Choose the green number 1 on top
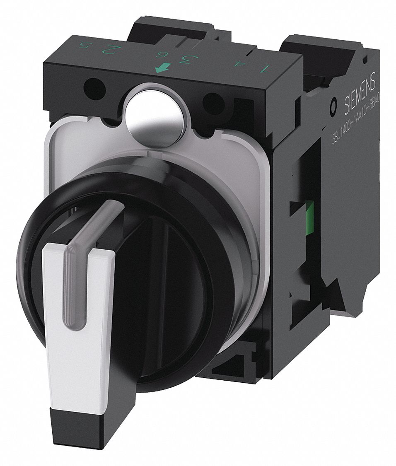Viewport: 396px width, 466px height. tap(266, 67)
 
